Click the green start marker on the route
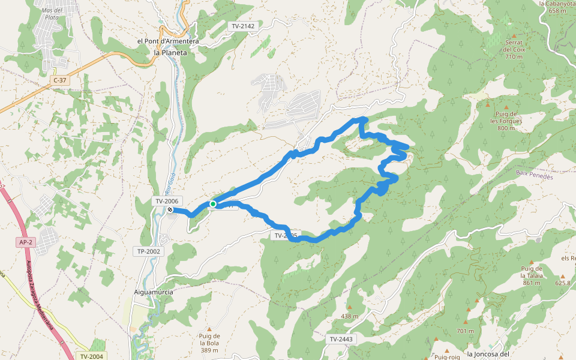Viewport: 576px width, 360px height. coord(212,204)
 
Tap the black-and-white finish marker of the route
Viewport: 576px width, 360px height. coord(170,210)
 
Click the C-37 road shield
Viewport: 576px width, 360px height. coord(60,80)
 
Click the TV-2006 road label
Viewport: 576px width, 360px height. coord(166,201)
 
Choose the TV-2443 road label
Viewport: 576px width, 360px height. coord(342,339)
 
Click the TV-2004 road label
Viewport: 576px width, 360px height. coord(91,356)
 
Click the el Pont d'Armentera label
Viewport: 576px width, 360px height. coord(167,41)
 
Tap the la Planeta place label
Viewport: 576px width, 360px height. coord(170,53)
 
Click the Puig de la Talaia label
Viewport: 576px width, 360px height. coord(532,275)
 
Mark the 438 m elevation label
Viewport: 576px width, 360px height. coord(349,316)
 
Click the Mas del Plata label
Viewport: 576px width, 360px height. coord(52,14)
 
